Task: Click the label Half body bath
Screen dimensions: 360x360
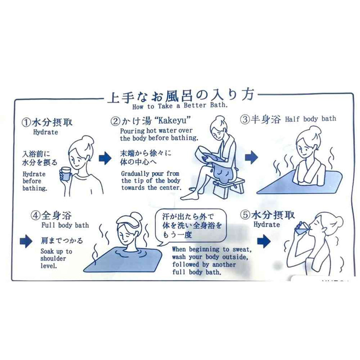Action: click(310, 119)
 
